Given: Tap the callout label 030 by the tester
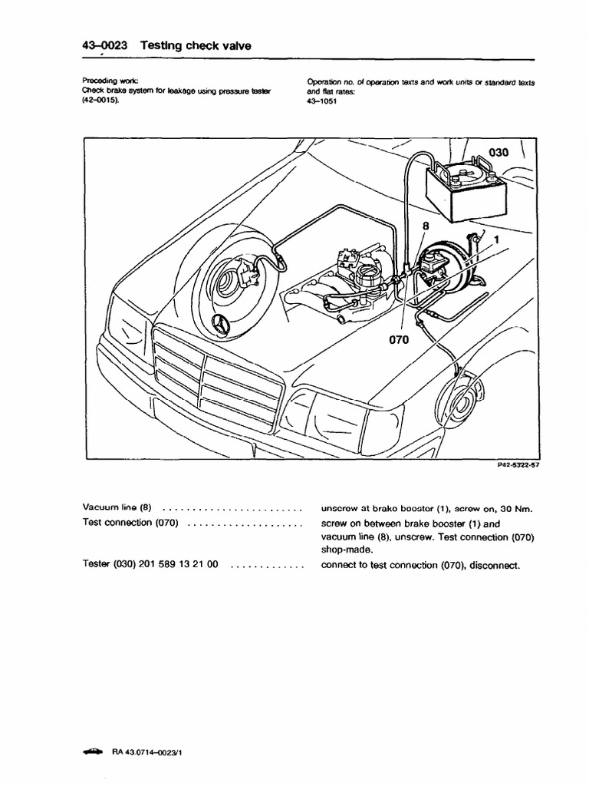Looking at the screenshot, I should [x=499, y=153].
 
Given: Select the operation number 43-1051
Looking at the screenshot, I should [x=322, y=100].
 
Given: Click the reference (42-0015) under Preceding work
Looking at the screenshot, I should [x=101, y=100].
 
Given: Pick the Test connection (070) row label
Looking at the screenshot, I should [x=130, y=523].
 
